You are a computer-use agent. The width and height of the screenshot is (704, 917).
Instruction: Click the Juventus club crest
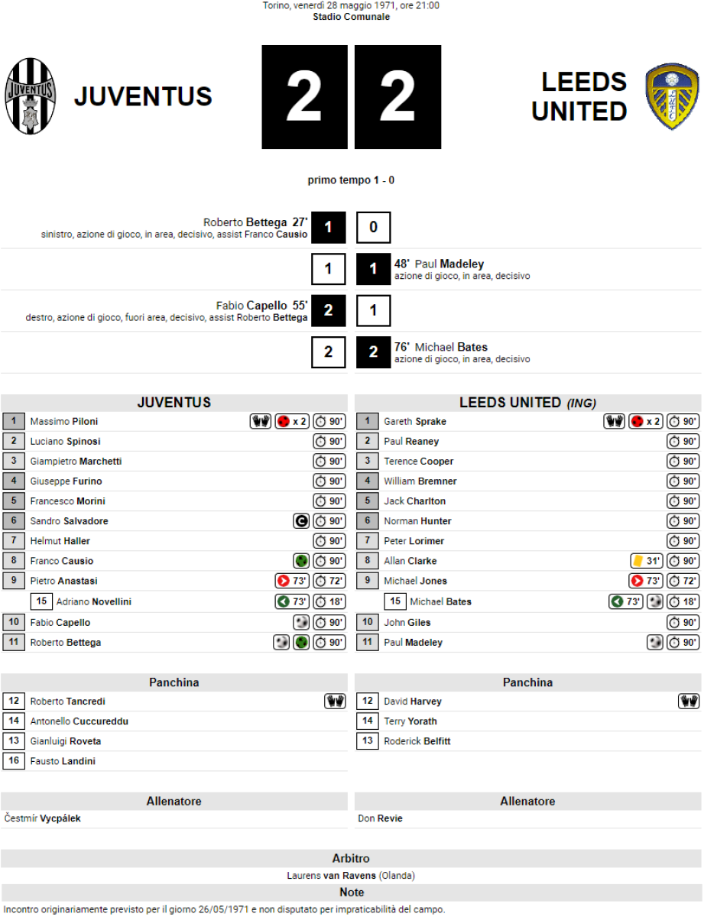(x=31, y=97)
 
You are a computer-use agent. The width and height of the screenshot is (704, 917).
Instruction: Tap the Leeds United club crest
(x=672, y=97)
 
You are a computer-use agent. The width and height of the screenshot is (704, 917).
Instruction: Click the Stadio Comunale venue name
(x=351, y=17)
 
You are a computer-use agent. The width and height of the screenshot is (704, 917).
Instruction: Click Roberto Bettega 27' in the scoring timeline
(x=255, y=222)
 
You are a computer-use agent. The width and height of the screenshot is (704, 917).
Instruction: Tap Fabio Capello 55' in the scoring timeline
(x=261, y=306)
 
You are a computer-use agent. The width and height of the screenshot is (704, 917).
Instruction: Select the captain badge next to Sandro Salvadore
(x=301, y=521)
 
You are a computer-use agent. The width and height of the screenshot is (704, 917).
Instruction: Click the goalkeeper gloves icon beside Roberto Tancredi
(x=335, y=702)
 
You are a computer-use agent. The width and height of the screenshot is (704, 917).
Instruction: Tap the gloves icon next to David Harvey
(x=689, y=702)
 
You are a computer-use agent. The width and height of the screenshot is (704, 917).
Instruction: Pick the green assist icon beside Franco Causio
(x=301, y=561)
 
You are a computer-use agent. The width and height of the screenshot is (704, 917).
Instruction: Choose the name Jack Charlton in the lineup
(x=414, y=501)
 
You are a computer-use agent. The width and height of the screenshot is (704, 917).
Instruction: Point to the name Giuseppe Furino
(x=66, y=481)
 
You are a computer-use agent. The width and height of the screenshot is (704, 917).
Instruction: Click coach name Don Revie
(x=380, y=818)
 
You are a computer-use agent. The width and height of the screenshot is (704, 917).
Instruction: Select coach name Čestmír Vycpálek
(x=42, y=818)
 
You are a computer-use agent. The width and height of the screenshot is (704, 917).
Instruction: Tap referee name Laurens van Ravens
(x=331, y=876)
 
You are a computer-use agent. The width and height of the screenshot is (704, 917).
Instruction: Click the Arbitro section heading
(x=351, y=858)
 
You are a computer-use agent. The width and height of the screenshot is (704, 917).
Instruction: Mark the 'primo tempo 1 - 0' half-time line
(x=351, y=180)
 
